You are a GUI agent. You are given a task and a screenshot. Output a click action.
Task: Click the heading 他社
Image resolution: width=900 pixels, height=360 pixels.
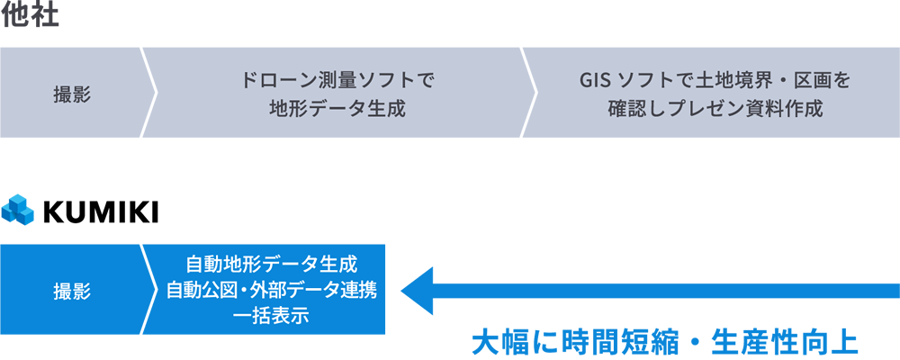pos(30,15)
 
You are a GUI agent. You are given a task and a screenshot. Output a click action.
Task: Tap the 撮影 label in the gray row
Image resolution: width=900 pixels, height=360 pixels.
pos(72,94)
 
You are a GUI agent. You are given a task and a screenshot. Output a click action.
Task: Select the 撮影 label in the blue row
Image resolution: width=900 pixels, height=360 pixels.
pos(72,291)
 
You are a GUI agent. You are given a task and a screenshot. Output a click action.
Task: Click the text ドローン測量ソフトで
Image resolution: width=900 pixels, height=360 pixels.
pos(337,80)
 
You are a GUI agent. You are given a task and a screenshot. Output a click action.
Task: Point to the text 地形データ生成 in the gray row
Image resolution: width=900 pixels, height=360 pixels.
pos(337,109)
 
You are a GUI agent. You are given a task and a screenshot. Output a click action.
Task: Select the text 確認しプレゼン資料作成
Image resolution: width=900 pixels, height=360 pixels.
pos(715,109)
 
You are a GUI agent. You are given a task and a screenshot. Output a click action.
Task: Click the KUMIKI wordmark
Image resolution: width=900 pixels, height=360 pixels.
pos(100,212)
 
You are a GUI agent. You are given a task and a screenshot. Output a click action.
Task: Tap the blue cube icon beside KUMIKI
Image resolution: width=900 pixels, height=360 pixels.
pos(18,209)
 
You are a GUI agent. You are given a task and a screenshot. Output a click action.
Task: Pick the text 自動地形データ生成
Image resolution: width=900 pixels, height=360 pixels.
pos(271,265)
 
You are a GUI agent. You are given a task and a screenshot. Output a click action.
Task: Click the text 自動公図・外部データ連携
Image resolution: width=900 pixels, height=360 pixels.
pos(271,291)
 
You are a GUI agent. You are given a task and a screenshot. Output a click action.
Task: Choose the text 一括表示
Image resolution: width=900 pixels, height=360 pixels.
pos(271,316)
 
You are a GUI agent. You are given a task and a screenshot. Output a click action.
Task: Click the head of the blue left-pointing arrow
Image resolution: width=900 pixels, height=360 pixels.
pos(416,290)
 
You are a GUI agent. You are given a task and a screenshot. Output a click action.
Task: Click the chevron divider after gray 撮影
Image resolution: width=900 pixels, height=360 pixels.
pos(149,93)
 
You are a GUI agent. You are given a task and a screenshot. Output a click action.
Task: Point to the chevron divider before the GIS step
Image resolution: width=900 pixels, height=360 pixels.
pos(529,93)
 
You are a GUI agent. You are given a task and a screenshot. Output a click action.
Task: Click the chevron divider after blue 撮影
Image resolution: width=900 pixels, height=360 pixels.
pos(149,290)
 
